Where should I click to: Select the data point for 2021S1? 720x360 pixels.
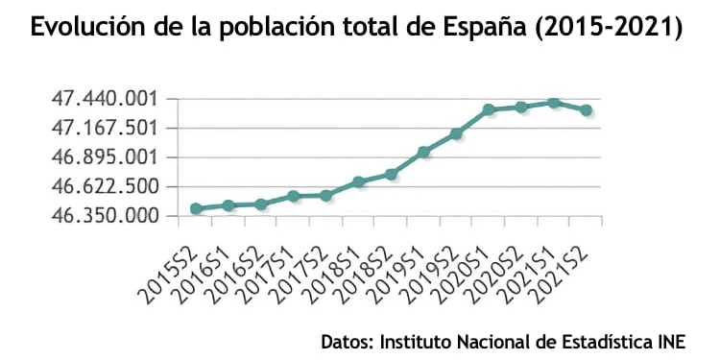click(x=554, y=102)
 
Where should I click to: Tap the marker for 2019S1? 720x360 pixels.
click(x=423, y=152)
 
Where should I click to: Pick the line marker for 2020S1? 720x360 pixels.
click(x=489, y=109)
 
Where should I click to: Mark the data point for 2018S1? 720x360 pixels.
click(x=358, y=181)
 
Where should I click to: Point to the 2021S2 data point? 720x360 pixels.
click(x=586, y=110)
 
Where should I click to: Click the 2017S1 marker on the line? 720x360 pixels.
click(x=294, y=196)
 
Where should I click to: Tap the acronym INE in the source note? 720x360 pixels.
click(x=671, y=341)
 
